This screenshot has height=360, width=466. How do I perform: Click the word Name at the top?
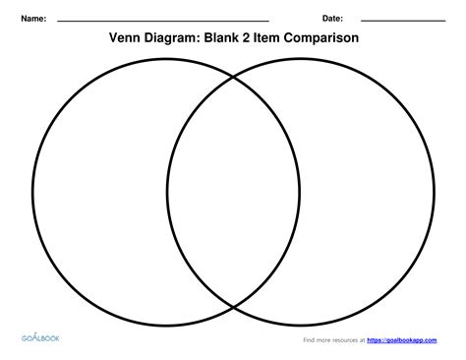pos(34,20)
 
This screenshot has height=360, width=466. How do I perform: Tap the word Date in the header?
pos(332,20)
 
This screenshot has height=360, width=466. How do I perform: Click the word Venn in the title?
pos(126,39)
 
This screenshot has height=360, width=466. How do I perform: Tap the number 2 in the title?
pos(260,39)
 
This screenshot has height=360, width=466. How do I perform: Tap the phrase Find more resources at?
pos(331,341)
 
